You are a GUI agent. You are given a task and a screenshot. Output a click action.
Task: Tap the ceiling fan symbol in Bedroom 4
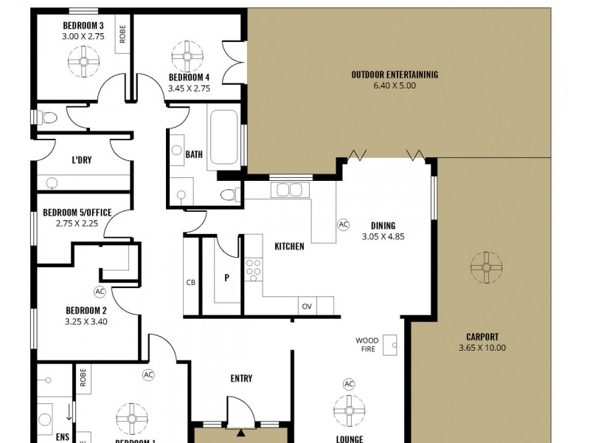pyautogui.click(x=187, y=55)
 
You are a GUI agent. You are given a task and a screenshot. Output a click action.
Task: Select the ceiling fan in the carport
pyautogui.click(x=486, y=267)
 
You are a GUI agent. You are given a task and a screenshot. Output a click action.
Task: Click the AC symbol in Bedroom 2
pyautogui.click(x=100, y=292)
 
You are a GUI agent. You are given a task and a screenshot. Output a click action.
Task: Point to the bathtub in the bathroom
pyautogui.click(x=223, y=138)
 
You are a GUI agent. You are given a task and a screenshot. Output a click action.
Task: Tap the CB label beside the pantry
pyautogui.click(x=190, y=282)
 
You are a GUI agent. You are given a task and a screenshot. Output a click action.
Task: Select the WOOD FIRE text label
pyautogui.click(x=367, y=345)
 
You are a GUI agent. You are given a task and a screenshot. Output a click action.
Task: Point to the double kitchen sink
pyautogui.click(x=288, y=190)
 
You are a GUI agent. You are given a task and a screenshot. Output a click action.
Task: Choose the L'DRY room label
pyautogui.click(x=81, y=160)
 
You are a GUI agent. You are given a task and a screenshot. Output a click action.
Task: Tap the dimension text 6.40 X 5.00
pyautogui.click(x=395, y=86)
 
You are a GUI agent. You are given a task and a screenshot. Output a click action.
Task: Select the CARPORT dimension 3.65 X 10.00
pyautogui.click(x=482, y=348)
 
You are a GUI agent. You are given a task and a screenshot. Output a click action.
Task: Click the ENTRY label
pyautogui.click(x=241, y=378)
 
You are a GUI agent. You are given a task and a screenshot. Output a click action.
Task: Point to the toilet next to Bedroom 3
pyautogui.click(x=48, y=117)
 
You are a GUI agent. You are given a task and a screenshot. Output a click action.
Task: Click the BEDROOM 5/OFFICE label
pyautogui.click(x=72, y=213)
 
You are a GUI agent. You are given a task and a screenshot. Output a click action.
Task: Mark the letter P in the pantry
pyautogui.click(x=227, y=278)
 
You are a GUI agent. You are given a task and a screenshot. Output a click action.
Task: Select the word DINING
pyautogui.click(x=383, y=226)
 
